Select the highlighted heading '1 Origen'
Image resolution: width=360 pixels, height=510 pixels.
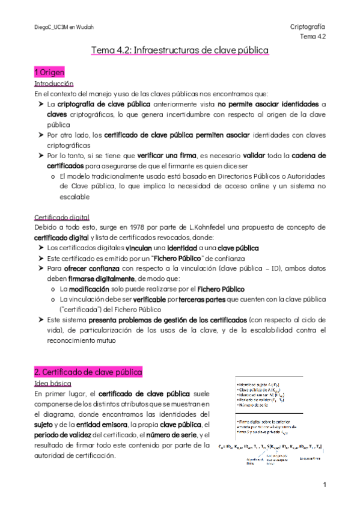pyautogui.click(x=49, y=72)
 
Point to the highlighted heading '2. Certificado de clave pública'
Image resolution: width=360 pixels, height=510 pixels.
pyautogui.click(x=88, y=372)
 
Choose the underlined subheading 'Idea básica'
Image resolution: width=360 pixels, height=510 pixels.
pyautogui.click(x=53, y=383)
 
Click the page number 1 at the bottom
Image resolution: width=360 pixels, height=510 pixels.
pyautogui.click(x=323, y=484)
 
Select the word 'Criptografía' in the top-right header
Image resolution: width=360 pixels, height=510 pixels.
pyautogui.click(x=307, y=27)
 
